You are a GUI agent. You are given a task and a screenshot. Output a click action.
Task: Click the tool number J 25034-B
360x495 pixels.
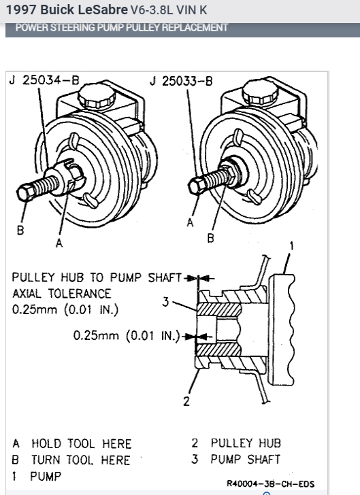44,80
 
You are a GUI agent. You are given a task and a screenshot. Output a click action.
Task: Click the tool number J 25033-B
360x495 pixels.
181,81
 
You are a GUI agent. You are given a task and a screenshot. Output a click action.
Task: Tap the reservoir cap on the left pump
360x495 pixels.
97,95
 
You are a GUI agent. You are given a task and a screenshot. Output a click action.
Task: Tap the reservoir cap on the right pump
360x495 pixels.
261,92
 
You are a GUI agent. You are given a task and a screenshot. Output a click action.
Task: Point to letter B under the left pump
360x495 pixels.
20,230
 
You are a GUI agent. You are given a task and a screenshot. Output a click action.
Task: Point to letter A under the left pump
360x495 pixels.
59,243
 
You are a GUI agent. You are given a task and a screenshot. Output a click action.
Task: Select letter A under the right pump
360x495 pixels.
190,222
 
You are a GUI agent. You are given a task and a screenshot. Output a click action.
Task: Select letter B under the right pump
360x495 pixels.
210,238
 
